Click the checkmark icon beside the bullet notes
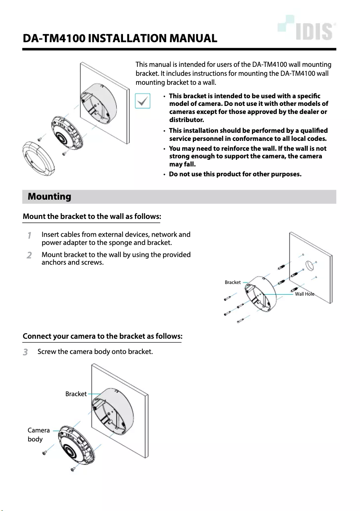(x=142, y=101)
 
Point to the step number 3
(x=26, y=352)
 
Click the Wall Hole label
(x=304, y=294)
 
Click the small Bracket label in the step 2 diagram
(x=233, y=283)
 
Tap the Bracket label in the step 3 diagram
(x=76, y=394)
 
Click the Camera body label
(x=38, y=434)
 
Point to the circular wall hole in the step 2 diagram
(x=310, y=264)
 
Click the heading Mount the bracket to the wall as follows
(x=92, y=217)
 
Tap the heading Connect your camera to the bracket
(x=102, y=336)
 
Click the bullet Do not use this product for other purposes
(x=235, y=174)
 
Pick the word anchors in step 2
(x=53, y=262)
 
